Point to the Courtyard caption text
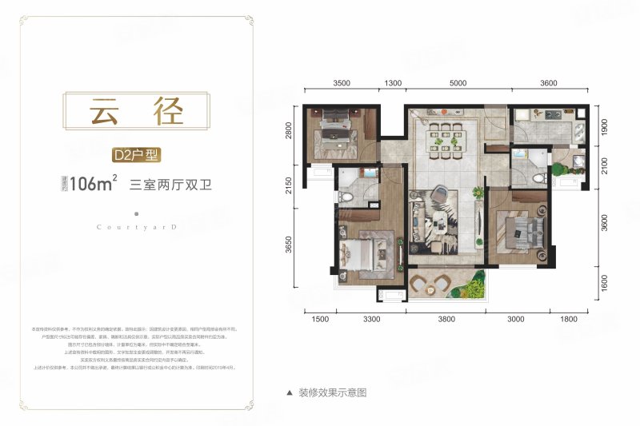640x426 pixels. point(138,227)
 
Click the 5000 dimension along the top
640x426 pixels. point(458,83)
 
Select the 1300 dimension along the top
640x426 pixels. point(393,83)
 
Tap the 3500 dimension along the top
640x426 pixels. point(342,83)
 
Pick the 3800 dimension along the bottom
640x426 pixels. point(446,320)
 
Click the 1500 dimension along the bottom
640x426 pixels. point(320,320)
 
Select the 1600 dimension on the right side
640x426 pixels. point(604,284)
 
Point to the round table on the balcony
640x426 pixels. point(439,282)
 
